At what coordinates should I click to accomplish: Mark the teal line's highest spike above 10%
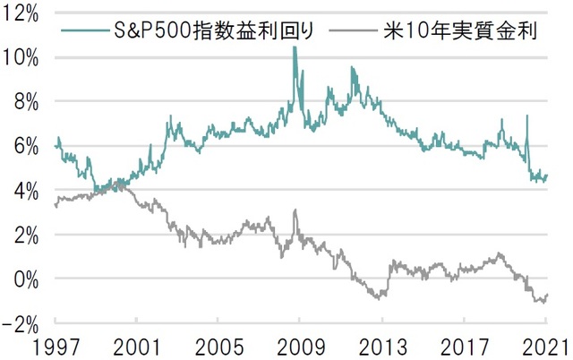coord(294,47)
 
